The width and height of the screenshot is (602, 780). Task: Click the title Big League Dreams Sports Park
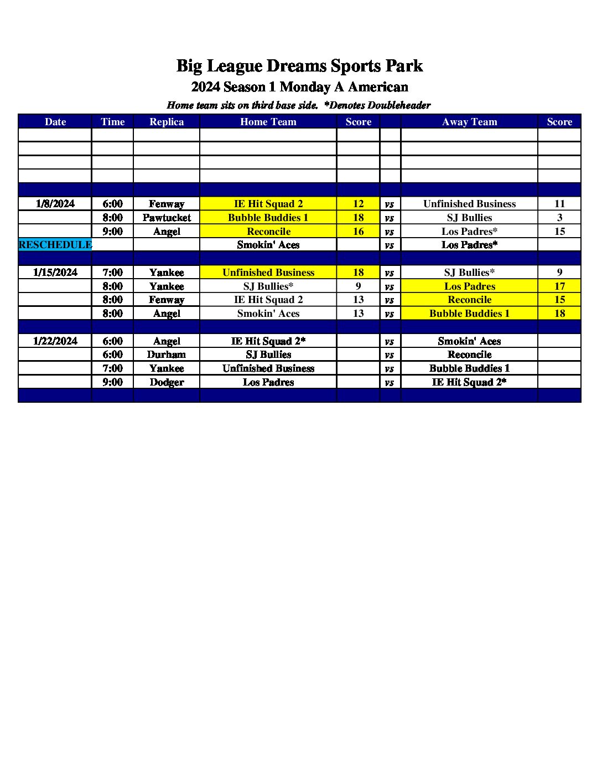(x=299, y=66)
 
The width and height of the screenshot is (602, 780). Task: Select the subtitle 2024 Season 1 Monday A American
(x=299, y=87)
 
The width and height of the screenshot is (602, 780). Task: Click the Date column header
(x=55, y=122)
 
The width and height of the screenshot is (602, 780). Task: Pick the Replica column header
(x=166, y=122)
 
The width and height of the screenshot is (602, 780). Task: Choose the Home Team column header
(x=268, y=122)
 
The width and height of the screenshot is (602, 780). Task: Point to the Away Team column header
(x=469, y=122)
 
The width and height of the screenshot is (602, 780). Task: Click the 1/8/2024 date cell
(x=55, y=204)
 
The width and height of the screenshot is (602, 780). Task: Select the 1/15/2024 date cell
(x=55, y=273)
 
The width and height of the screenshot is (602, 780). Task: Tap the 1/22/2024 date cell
(x=55, y=341)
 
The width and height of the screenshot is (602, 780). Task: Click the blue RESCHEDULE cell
(x=55, y=245)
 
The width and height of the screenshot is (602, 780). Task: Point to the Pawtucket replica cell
(x=166, y=218)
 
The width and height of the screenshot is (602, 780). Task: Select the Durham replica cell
(x=166, y=355)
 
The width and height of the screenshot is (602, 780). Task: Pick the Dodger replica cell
(x=166, y=382)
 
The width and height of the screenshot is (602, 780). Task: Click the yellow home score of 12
(x=358, y=204)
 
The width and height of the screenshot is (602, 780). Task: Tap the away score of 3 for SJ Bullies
(x=559, y=218)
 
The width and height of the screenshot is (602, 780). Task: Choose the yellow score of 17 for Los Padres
(x=559, y=286)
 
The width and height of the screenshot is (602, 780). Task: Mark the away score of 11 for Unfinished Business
(x=559, y=204)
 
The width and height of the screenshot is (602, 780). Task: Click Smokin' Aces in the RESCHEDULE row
(x=268, y=245)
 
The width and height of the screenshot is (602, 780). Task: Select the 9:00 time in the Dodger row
(x=112, y=382)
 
